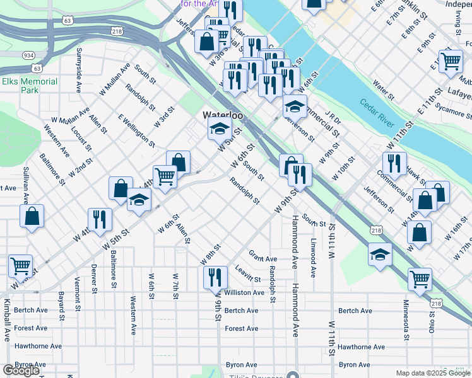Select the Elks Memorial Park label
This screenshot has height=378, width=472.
pos(30,86)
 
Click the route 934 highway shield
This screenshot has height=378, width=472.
pos(29,55)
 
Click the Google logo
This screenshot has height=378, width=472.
pos(21,370)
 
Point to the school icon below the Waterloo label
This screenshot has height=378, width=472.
pos(218,130)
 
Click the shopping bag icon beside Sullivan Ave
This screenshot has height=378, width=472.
pos(32,216)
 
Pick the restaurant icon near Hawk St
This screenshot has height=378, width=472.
pos(394,163)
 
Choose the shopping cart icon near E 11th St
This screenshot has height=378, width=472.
pos(451,62)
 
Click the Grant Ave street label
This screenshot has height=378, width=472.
pos(263,258)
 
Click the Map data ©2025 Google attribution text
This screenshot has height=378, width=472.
pos(432,372)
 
